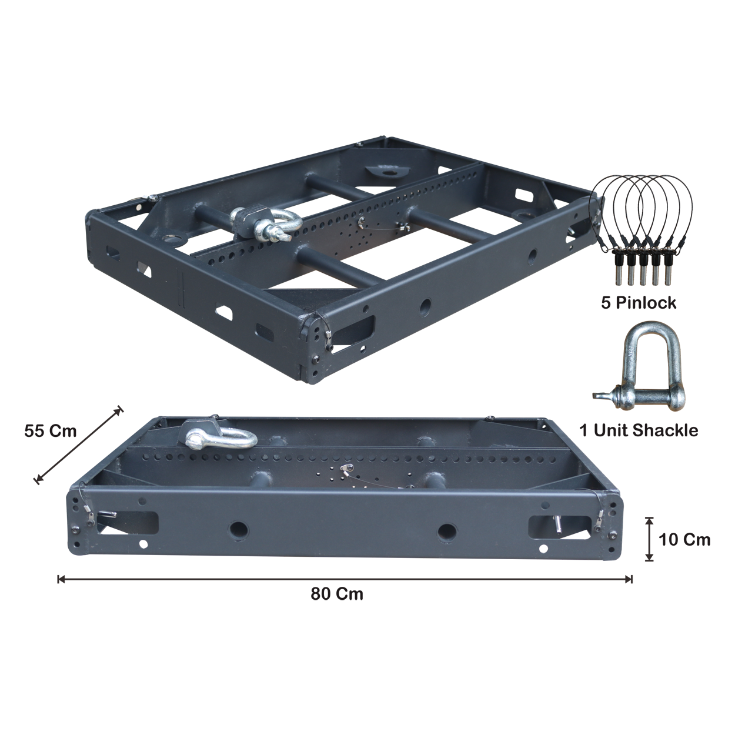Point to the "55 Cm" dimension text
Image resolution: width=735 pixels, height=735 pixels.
[51, 431]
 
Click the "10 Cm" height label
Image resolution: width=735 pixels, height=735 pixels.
[684, 540]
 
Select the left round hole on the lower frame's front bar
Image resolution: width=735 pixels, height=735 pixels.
[239, 529]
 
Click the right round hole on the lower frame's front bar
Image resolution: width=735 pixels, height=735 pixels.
[447, 532]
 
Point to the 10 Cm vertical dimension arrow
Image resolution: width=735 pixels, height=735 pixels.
[649, 539]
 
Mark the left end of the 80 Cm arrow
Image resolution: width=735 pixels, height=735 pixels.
[58, 579]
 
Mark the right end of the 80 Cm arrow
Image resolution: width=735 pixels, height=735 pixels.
[632, 579]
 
